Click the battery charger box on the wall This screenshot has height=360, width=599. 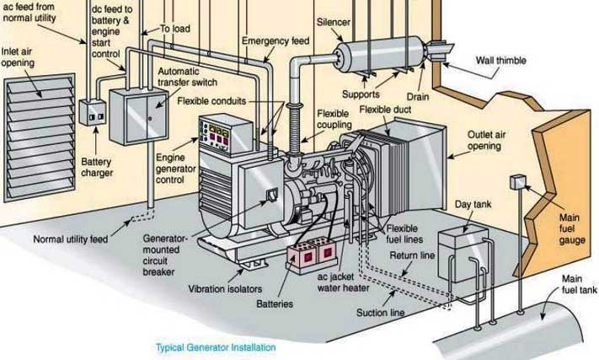point(93,112)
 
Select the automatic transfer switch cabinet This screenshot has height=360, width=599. point(139,116)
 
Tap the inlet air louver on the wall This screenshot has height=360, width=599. point(39,137)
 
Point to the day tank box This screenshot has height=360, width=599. point(463,254)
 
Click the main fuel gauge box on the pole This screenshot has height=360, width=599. point(518,182)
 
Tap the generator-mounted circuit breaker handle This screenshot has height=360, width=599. point(272,195)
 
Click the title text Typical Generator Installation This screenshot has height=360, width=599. point(216,347)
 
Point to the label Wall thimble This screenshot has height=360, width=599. point(500,61)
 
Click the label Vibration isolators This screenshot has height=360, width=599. point(225,289)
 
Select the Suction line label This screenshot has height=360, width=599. point(381,313)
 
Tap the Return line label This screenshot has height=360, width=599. point(412,255)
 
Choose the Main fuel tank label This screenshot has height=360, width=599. point(579,284)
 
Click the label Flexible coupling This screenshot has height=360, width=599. point(334,119)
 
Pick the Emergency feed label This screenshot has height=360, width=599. point(275,41)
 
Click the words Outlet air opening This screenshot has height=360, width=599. point(486,140)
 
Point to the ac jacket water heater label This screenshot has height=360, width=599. point(344,282)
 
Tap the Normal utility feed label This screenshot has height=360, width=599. point(71,239)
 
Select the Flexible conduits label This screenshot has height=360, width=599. point(211,101)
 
